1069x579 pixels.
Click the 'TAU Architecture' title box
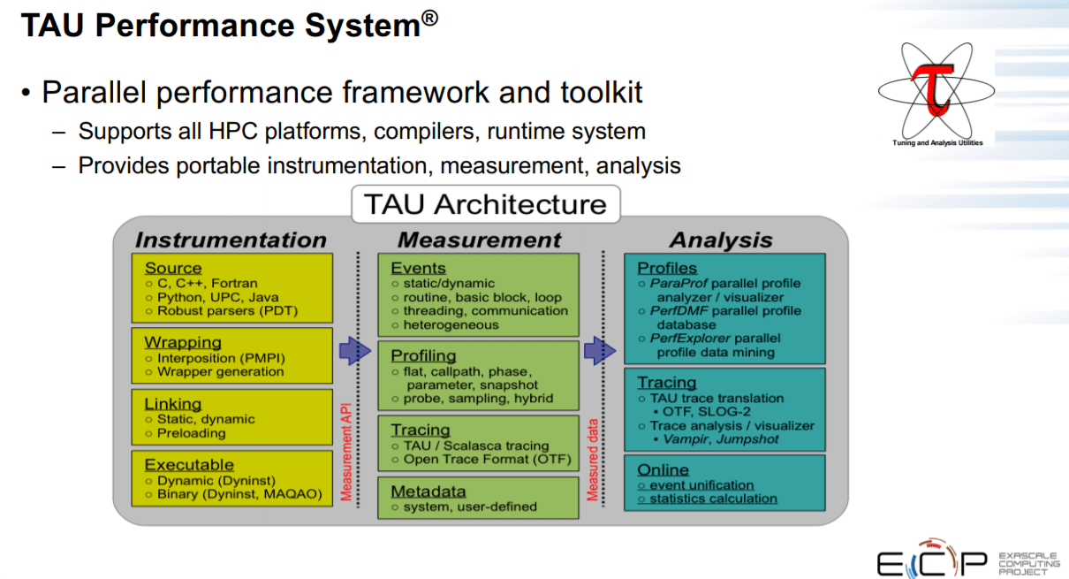click(x=485, y=204)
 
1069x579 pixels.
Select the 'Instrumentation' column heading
click(x=231, y=240)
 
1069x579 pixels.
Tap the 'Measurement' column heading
click(x=479, y=240)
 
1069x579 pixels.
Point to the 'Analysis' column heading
click(x=721, y=240)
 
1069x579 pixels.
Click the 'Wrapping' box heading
click(x=183, y=342)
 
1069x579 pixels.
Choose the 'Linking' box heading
click(x=173, y=404)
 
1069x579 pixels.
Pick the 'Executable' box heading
click(x=189, y=464)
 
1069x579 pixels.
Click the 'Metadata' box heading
click(x=428, y=491)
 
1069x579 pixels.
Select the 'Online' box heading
click(x=663, y=469)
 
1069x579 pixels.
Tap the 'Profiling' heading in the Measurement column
click(x=423, y=355)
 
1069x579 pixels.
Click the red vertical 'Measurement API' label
click(x=346, y=452)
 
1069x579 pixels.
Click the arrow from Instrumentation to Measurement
click(x=354, y=350)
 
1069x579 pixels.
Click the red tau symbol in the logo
click(x=935, y=88)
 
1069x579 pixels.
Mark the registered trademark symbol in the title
click(x=429, y=19)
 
